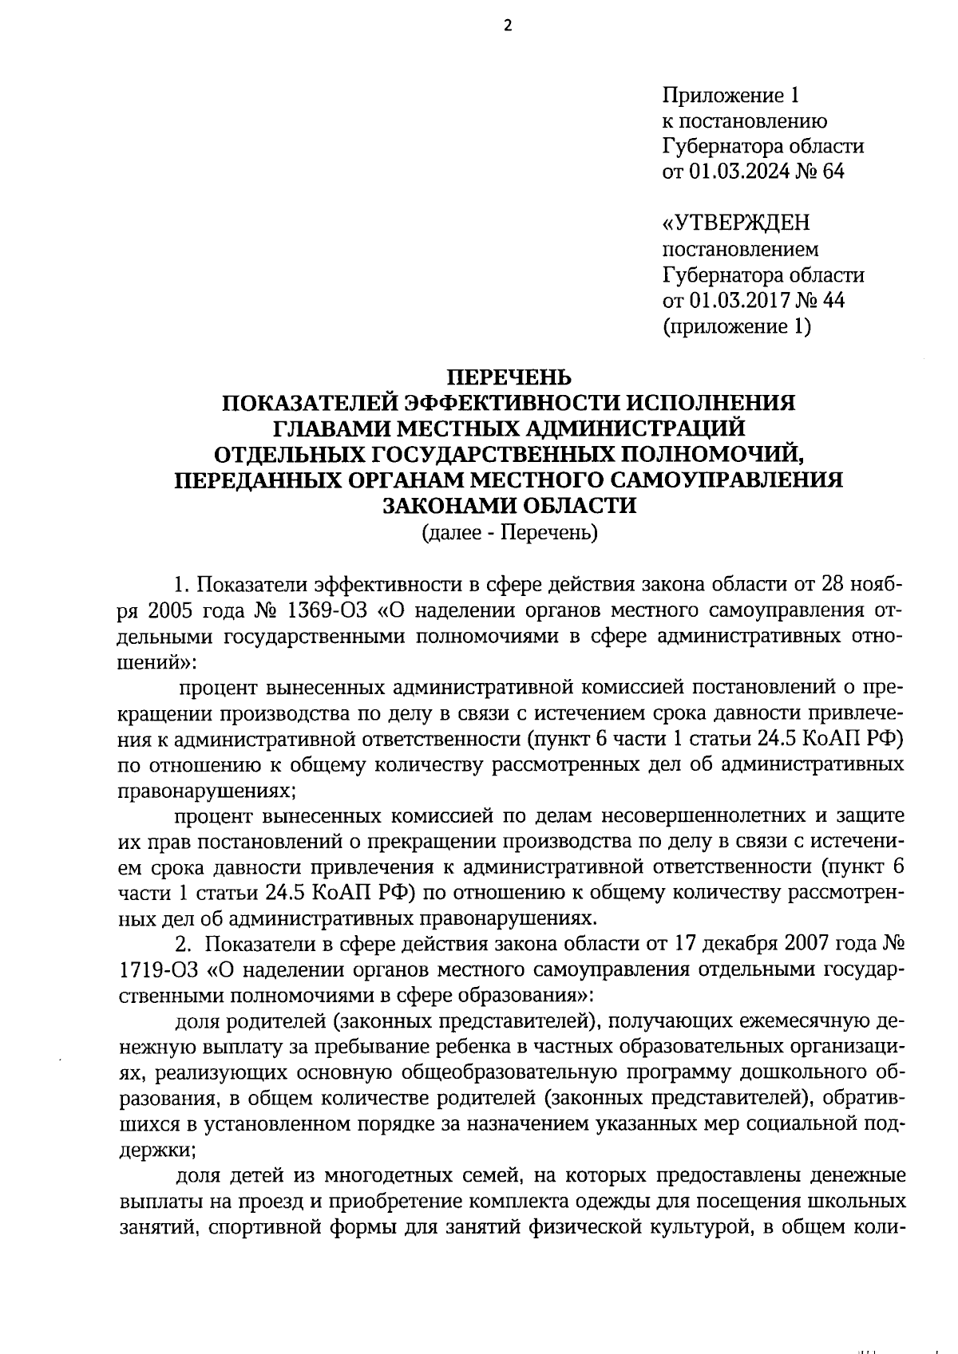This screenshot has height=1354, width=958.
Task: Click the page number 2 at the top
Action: point(507,26)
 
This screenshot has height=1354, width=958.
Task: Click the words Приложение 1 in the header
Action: point(730,96)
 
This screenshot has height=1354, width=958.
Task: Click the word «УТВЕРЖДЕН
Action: point(735,223)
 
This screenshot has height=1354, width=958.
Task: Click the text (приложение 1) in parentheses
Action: point(737,326)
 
